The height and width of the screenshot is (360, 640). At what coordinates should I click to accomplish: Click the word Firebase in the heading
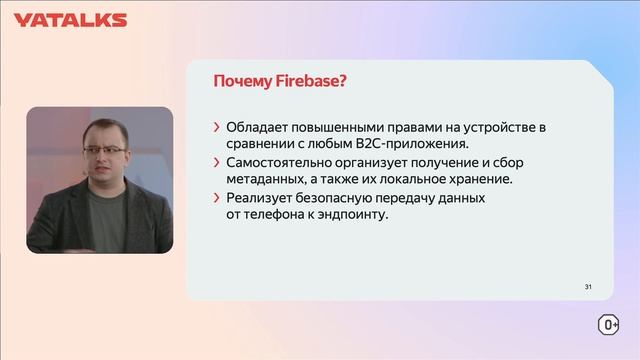click(x=311, y=81)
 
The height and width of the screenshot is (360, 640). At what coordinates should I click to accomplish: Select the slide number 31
click(x=589, y=287)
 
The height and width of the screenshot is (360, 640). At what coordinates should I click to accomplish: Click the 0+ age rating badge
click(x=607, y=325)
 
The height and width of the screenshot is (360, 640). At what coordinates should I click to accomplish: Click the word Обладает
click(x=259, y=128)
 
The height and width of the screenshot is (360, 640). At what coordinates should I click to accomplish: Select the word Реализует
click(x=259, y=198)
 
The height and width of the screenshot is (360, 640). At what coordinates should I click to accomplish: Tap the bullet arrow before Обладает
click(x=217, y=128)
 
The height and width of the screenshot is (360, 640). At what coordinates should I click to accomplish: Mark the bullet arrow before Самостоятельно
click(x=217, y=163)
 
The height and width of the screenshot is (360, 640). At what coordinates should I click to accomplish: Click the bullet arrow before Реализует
click(x=217, y=198)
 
